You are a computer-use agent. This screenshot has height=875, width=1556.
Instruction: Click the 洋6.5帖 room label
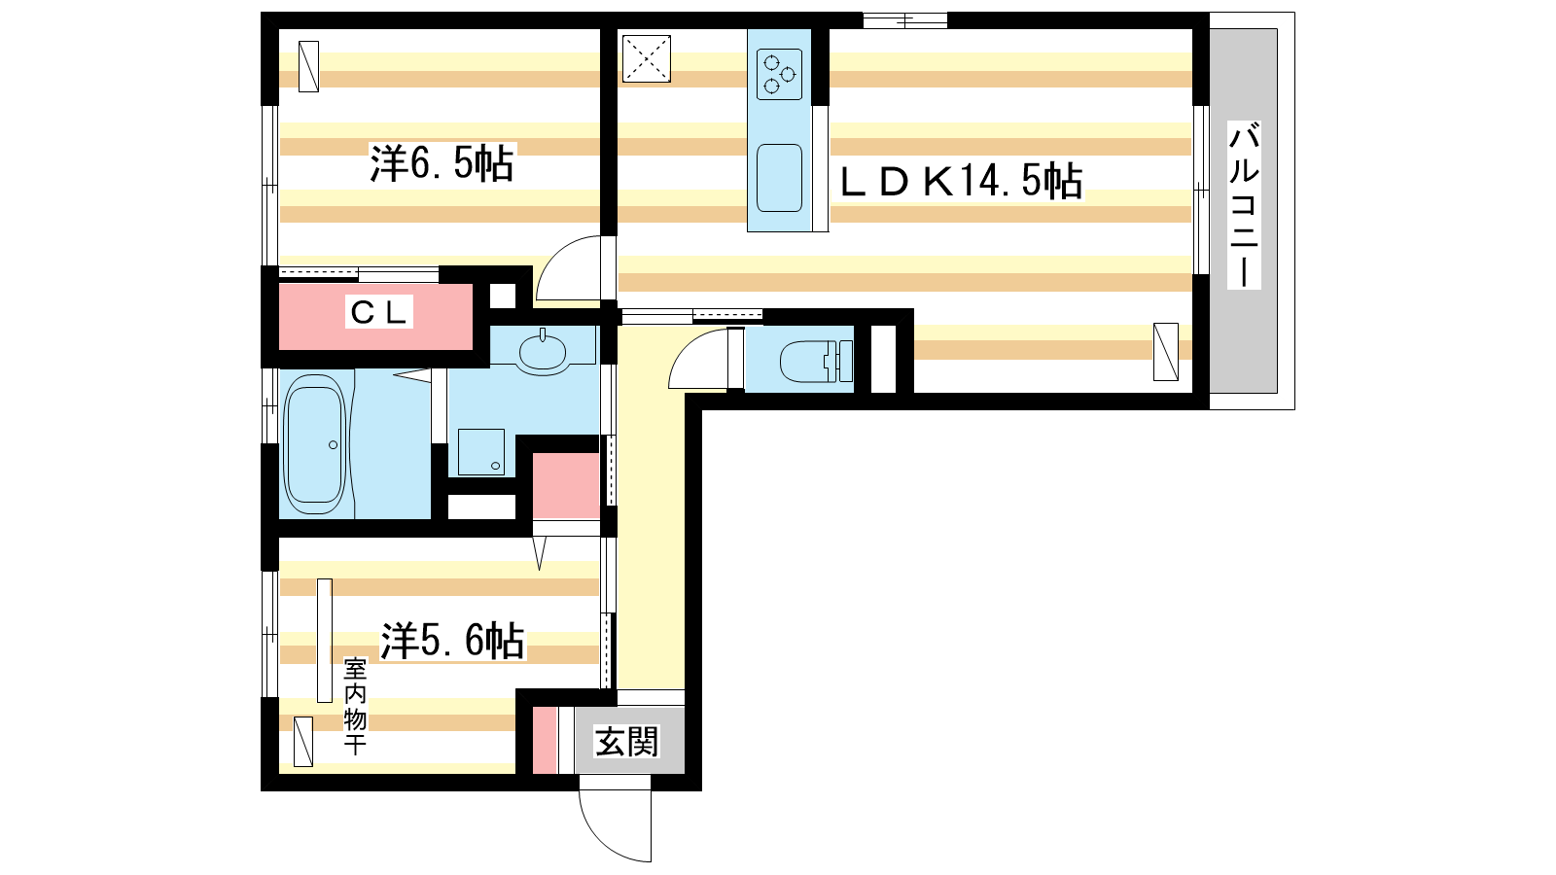tap(442, 164)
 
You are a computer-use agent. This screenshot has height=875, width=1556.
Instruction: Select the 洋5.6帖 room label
tap(452, 641)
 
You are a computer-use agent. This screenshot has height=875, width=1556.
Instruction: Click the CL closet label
tap(378, 312)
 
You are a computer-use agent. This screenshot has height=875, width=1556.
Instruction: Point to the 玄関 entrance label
tap(626, 742)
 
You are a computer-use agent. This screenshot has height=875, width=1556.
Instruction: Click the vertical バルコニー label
tap(1244, 205)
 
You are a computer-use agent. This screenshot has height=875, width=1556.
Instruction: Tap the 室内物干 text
tap(355, 706)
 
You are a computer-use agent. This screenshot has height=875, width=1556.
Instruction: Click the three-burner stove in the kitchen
tap(779, 74)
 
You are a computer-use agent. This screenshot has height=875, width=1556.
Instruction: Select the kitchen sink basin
tap(779, 179)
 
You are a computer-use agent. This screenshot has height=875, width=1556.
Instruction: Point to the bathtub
tap(315, 444)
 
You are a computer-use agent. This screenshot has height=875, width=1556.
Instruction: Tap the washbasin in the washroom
tap(543, 351)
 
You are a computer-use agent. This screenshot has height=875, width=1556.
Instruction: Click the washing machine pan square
tap(481, 452)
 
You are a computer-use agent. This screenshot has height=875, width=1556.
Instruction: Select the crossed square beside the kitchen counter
tap(647, 59)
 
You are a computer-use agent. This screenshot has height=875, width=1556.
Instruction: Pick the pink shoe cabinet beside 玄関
tap(546, 740)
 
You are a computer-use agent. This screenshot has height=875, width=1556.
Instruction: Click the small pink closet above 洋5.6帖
tap(566, 486)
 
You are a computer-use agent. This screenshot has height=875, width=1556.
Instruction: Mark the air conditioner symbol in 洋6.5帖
tap(308, 67)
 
